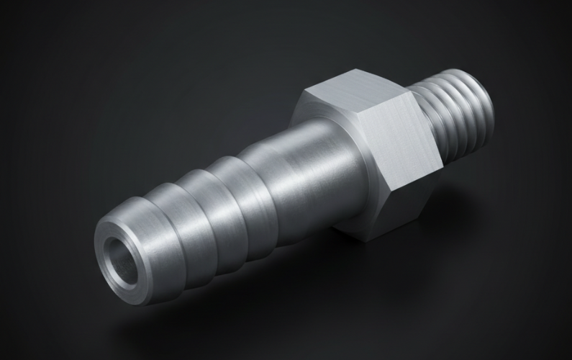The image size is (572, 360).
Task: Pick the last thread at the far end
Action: coord(489,101)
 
